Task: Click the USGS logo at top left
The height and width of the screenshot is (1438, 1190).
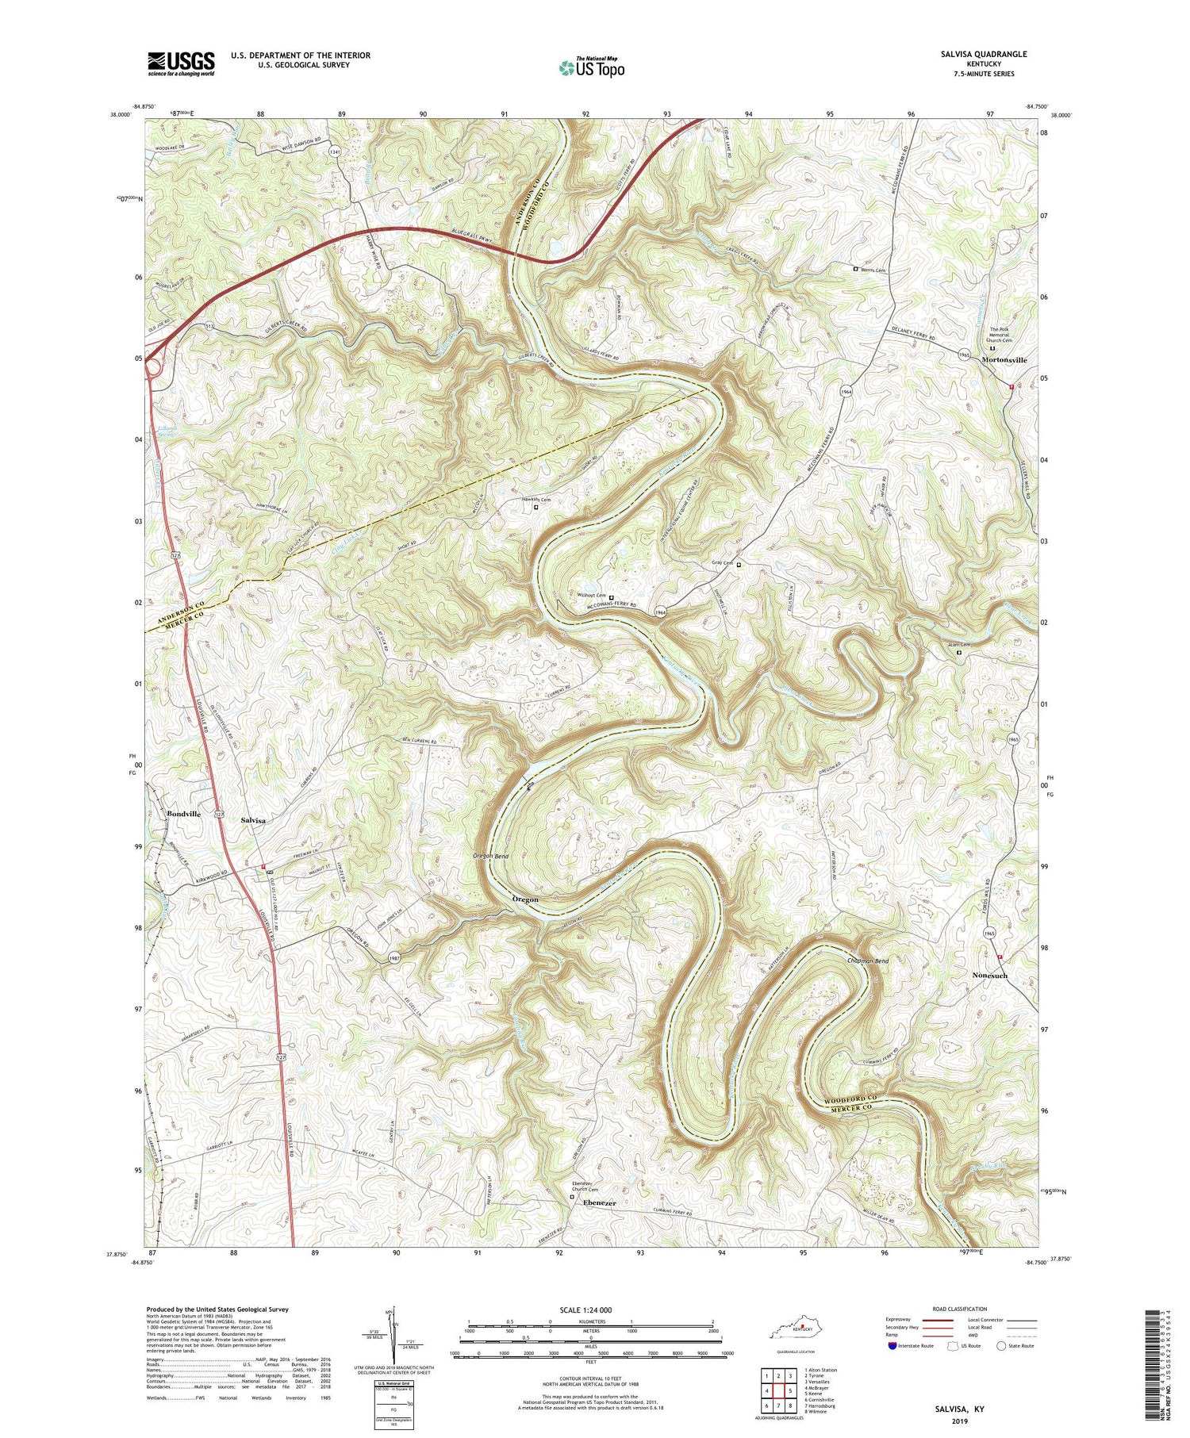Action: [x=180, y=63]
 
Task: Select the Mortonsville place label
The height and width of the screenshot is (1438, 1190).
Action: [x=1004, y=360]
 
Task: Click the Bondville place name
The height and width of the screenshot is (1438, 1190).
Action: [x=183, y=814]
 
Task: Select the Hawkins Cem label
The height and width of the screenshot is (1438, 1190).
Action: [x=535, y=500]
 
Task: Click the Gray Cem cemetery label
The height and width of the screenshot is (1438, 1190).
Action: [x=722, y=565]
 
